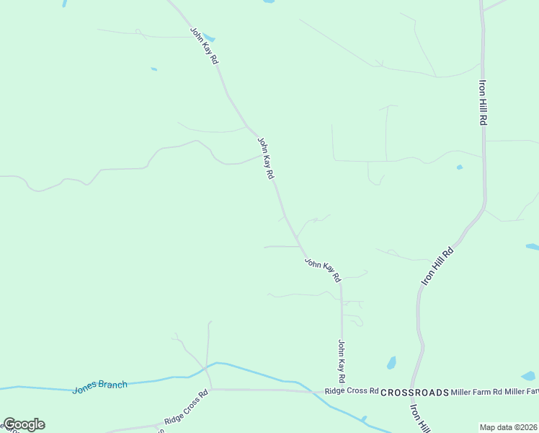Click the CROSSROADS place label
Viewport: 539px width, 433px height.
pos(414,392)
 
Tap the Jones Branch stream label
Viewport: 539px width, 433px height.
pos(99,387)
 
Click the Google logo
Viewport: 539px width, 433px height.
pos(24,424)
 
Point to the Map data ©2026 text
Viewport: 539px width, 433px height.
pos(508,427)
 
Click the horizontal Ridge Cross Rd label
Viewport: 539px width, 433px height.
pos(351,391)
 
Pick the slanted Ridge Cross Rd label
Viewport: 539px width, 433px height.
pos(185,407)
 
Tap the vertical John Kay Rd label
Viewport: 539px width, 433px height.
pos(342,362)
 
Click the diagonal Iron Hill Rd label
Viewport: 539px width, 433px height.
pos(437,265)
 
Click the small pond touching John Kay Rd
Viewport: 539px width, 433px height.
pos(209,38)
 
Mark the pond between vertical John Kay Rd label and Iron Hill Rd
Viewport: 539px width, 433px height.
pos(391,362)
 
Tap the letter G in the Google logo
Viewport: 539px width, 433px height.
pos(9,424)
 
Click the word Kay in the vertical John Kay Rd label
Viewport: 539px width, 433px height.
pos(342,363)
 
